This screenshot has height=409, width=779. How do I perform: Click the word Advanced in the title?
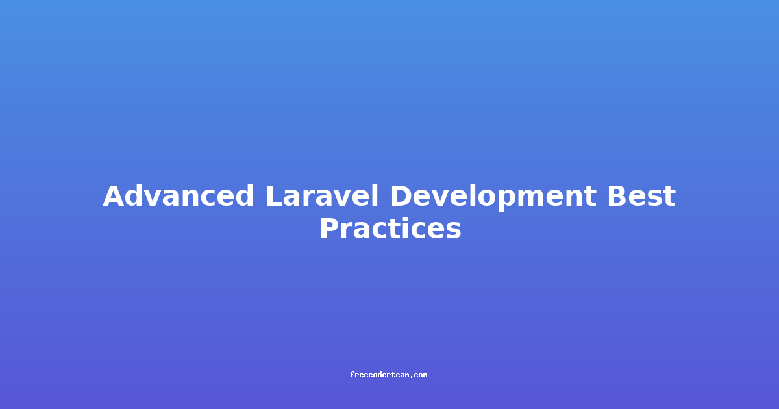tap(178, 196)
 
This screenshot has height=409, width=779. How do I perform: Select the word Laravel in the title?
tap(322, 196)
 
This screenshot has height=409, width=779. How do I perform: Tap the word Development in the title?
tap(493, 197)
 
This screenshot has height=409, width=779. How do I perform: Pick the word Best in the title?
tap(641, 196)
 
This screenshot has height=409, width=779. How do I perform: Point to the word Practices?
tap(390, 228)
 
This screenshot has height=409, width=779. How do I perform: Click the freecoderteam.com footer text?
tap(388, 375)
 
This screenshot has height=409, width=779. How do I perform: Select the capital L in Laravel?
tap(275, 196)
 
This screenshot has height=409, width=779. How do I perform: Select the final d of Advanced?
tap(244, 196)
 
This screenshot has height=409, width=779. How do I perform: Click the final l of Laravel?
tap(375, 195)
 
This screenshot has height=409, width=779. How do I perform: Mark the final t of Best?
tap(669, 197)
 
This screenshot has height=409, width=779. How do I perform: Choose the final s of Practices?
tap(453, 230)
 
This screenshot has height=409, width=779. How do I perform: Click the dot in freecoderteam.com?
tap(411, 377)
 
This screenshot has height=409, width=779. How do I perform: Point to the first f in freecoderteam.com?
tap(352, 375)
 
